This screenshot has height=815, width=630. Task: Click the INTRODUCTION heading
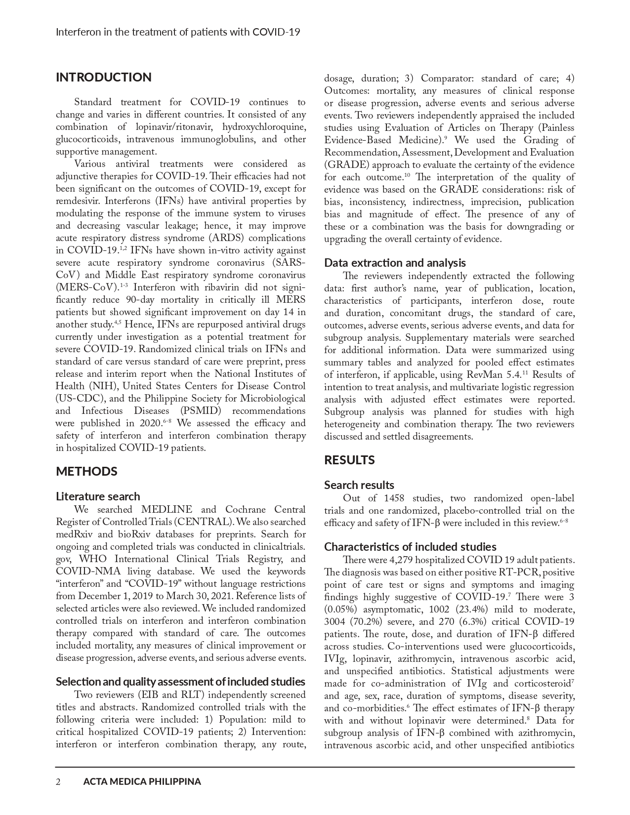tap(104, 78)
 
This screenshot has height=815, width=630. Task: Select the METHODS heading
tap(86, 471)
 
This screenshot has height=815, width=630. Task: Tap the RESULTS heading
tap(349, 460)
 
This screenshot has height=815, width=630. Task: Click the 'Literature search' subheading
tap(98, 496)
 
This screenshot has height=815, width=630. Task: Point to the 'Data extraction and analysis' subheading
tap(395, 263)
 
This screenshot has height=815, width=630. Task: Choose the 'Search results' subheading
tap(359, 485)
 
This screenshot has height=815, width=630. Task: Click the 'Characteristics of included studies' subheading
tap(410, 547)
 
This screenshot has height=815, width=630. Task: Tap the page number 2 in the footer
tap(58, 781)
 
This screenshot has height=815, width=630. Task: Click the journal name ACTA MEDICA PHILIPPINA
tap(142, 781)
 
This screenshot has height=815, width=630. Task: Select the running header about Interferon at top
tap(178, 33)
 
